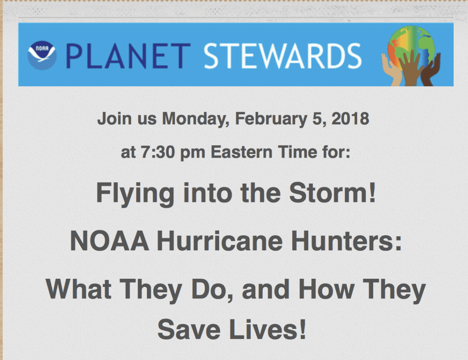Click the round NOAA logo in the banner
[42, 55]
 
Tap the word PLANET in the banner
[128, 56]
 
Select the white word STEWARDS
[283, 56]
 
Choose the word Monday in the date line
[195, 119]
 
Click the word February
[271, 119]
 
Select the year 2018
[351, 119]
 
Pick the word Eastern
[241, 152]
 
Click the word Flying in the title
[135, 194]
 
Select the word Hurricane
[220, 241]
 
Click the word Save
[189, 329]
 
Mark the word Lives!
[268, 329]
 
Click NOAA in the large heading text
[109, 241]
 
